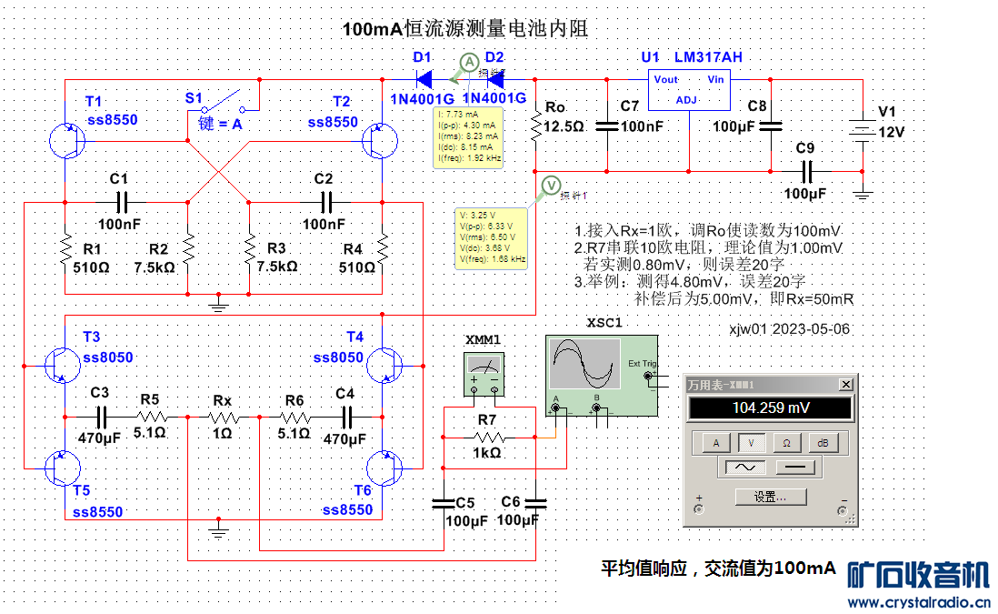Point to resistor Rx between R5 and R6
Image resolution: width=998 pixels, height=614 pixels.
pyautogui.click(x=223, y=418)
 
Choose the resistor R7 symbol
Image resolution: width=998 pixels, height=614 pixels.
pyautogui.click(x=487, y=438)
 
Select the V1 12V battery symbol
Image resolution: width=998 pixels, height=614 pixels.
pyautogui.click(x=862, y=131)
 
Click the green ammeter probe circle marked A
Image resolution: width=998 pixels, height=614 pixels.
pyautogui.click(x=467, y=62)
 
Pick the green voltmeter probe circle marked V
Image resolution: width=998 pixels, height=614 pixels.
pyautogui.click(x=551, y=186)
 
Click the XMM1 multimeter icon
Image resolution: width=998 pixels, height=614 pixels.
pyautogui.click(x=484, y=374)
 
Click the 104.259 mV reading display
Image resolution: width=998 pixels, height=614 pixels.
pyautogui.click(x=770, y=408)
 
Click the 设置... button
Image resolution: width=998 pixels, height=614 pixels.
pyautogui.click(x=770, y=497)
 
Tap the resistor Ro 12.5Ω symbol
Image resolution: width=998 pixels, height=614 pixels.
pyautogui.click(x=536, y=126)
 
